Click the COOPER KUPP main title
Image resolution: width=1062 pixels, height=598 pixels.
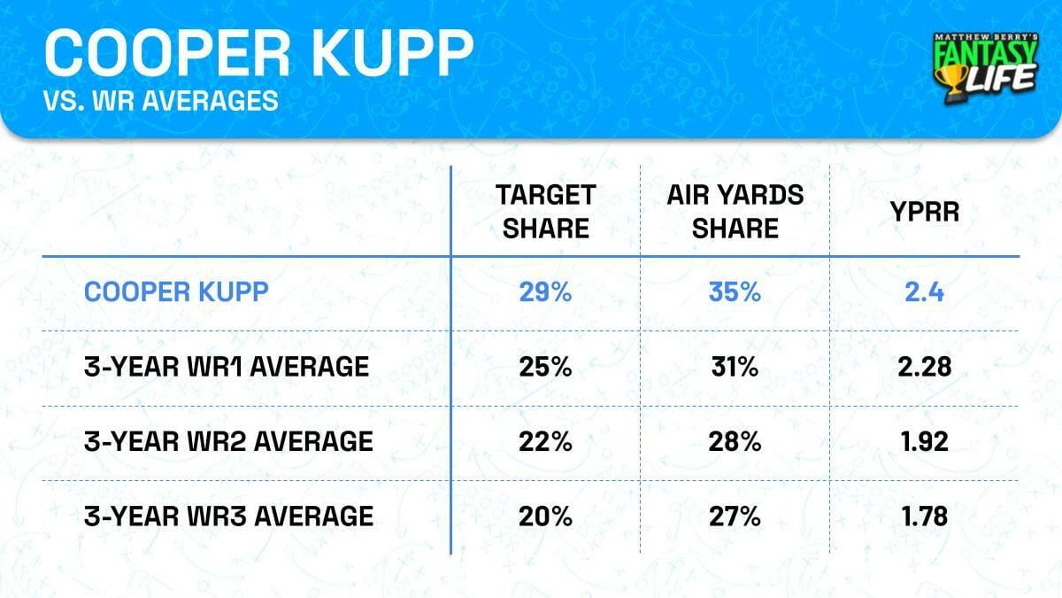click(x=258, y=53)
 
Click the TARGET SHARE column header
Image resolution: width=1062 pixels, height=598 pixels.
click(x=544, y=212)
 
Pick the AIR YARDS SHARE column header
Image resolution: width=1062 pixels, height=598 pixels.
click(x=735, y=212)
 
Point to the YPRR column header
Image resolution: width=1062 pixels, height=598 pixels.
click(x=927, y=212)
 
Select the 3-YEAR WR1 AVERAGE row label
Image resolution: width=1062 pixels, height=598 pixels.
click(x=226, y=366)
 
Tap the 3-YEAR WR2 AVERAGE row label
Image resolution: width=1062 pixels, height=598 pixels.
click(x=227, y=441)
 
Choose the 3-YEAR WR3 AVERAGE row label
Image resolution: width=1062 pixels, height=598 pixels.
click(x=227, y=516)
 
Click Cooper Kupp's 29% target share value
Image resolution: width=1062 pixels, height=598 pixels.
click(x=544, y=292)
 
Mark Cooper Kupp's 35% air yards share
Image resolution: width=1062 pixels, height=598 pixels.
click(x=735, y=292)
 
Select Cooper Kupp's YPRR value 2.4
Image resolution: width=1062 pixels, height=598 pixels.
click(x=927, y=292)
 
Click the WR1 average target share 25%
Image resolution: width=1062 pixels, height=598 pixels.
click(x=544, y=366)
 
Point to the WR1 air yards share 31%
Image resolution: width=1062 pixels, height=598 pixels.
click(x=735, y=366)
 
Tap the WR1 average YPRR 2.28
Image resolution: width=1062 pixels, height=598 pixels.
click(x=927, y=366)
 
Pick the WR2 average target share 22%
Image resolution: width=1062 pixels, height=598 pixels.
click(x=544, y=441)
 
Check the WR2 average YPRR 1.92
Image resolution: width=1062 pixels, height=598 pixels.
click(x=927, y=441)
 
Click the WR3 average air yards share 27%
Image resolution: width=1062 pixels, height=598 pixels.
click(x=735, y=516)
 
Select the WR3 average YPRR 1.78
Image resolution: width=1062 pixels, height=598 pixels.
click(x=927, y=516)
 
